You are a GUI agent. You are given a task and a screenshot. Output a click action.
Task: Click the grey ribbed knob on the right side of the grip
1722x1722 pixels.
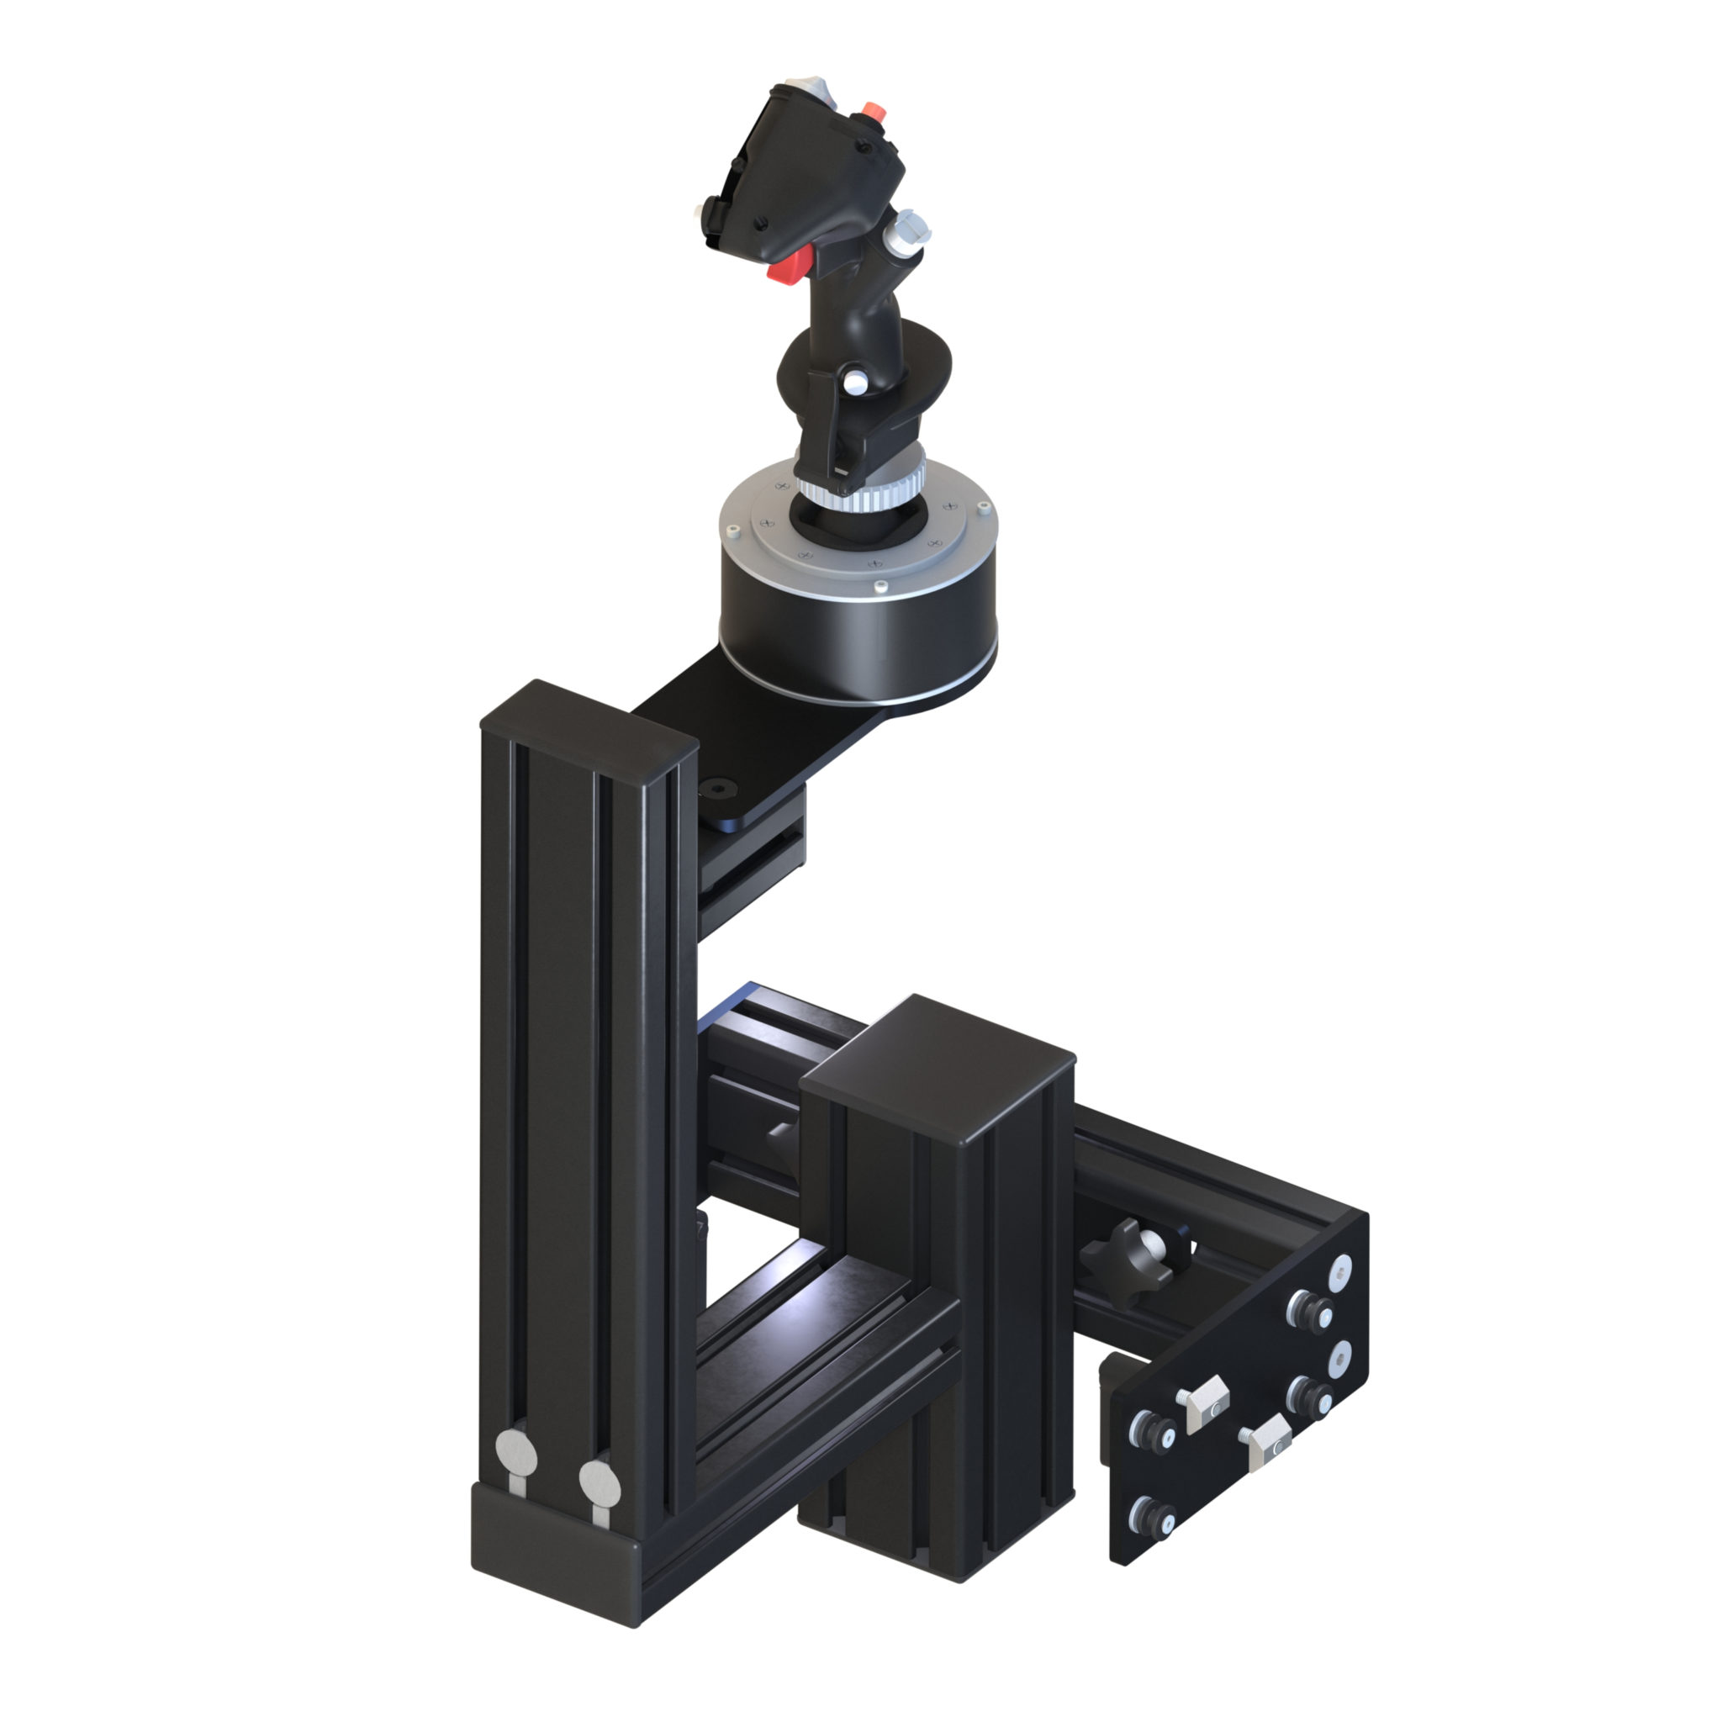tap(908, 229)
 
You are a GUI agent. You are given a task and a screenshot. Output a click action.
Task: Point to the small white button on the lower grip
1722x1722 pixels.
tap(855, 384)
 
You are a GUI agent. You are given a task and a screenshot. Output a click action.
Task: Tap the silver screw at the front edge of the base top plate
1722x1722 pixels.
tap(880, 585)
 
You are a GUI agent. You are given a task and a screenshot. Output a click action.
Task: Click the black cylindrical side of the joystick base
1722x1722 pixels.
tap(856, 642)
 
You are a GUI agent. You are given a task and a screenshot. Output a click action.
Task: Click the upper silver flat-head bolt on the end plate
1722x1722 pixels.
tap(1341, 1274)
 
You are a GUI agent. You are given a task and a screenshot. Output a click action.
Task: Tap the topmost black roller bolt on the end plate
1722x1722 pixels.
tap(1306, 1311)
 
